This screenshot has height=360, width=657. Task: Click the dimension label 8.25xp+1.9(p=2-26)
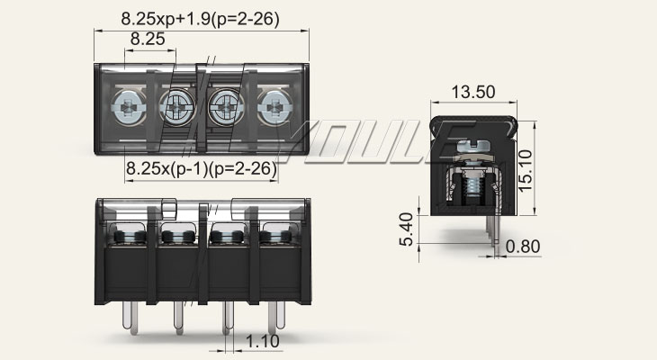201,19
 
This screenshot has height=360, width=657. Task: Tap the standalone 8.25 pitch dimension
148,39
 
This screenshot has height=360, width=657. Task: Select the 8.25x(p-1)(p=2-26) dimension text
202,168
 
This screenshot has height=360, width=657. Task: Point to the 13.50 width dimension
473,92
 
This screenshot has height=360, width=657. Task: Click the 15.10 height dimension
525,171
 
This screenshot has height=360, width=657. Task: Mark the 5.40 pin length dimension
406,229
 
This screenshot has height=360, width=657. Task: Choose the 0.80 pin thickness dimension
523,247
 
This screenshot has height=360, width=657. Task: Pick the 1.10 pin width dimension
262,342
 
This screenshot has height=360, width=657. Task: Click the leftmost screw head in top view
129,108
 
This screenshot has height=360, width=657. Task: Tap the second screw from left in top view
177,107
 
